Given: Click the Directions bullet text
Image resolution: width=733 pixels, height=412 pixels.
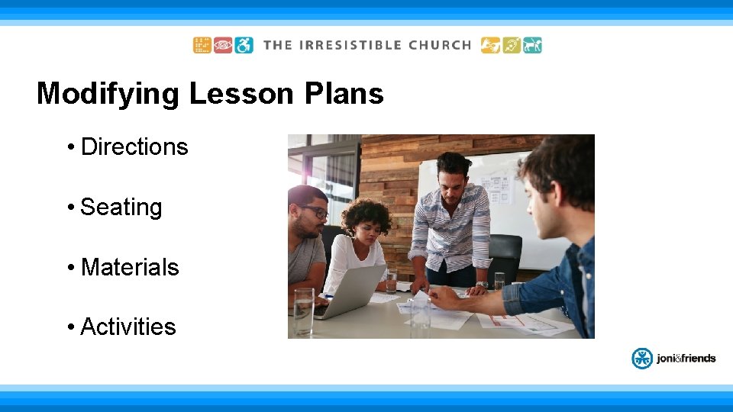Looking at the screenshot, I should [x=134, y=146].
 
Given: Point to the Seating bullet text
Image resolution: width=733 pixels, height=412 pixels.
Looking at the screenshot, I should [x=121, y=207].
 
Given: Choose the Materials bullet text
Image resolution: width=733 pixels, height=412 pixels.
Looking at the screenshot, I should [x=129, y=267].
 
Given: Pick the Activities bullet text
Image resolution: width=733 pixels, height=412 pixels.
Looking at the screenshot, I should [x=128, y=327].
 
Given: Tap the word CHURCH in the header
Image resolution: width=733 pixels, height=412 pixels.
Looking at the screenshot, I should [x=440, y=45].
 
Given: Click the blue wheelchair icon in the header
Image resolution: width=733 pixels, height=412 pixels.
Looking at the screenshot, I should [x=244, y=45].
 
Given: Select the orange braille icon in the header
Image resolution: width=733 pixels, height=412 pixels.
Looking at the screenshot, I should [x=202, y=45].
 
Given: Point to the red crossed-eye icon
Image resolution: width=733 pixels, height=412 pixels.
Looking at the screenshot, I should [x=223, y=45].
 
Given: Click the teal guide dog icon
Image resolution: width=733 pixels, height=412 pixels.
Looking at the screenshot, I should [x=533, y=45].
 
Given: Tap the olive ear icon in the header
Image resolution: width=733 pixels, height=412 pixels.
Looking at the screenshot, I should [x=512, y=45].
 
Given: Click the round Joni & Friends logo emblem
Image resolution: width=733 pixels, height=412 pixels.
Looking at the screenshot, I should [x=641, y=358].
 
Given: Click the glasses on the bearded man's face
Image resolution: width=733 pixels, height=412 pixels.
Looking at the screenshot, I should [x=315, y=211].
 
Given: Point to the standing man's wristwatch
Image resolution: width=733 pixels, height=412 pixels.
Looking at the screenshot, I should [x=482, y=284].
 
